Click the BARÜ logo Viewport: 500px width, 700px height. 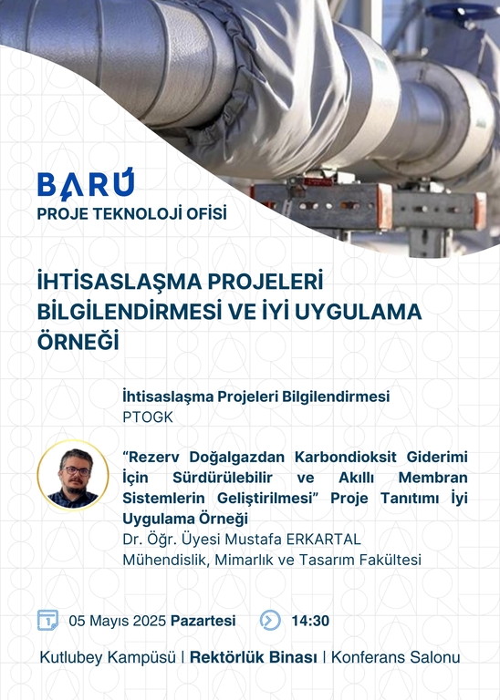[x=86, y=183]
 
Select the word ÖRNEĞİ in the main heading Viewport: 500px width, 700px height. [x=78, y=341]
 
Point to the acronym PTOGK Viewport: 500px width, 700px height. [x=148, y=417]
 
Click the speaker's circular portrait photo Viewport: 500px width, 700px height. [x=73, y=476]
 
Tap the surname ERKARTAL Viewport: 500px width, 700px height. [x=324, y=539]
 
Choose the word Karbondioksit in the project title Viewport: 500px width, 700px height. [x=346, y=457]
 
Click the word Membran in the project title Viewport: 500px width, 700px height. [x=433, y=478]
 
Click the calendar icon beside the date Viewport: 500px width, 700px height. [x=47, y=620]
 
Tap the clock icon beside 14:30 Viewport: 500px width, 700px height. [x=270, y=620]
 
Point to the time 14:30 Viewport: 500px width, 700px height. [x=310, y=621]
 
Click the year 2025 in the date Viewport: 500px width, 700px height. [x=150, y=621]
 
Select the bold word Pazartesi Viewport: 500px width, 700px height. [x=203, y=621]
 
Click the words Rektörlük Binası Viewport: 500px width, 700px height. [x=254, y=657]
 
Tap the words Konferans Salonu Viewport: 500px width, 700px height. [x=395, y=657]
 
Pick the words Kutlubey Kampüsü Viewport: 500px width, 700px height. [x=108, y=657]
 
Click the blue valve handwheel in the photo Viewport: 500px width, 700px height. [x=459, y=10]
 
